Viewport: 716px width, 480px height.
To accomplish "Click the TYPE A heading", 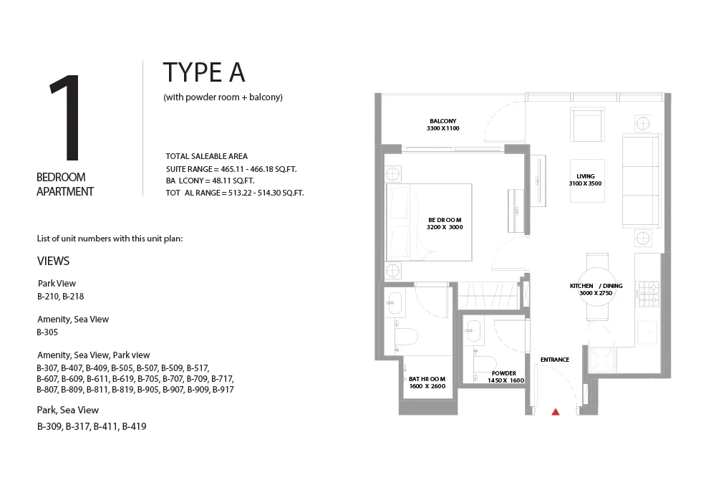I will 204,73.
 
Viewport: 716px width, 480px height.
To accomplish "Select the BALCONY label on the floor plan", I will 442,121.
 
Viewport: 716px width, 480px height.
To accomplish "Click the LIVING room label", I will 586,176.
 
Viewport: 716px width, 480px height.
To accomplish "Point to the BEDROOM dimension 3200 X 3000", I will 445,228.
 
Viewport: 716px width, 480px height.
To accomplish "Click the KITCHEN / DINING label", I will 596,286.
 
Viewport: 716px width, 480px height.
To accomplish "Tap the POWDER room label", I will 504,373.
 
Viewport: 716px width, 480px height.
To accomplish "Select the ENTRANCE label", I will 555,360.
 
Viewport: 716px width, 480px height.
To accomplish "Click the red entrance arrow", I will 556,412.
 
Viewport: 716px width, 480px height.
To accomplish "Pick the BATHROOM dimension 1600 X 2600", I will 427,386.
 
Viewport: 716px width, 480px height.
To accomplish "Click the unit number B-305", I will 47,332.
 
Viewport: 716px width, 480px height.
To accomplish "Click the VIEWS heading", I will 54,261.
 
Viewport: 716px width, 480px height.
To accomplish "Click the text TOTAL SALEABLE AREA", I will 206,156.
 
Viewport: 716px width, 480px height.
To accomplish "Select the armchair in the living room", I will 587,125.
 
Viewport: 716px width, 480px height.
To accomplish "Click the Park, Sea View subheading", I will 68,411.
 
